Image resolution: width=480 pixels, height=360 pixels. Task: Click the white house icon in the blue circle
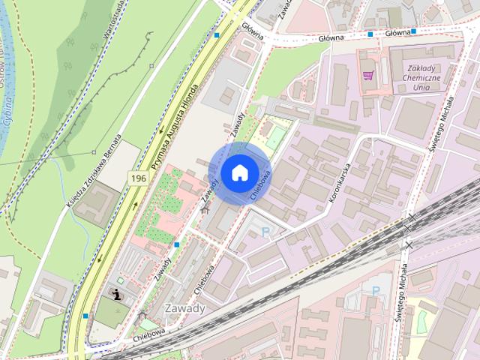(239, 172)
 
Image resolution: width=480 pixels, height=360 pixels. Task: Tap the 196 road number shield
(138, 178)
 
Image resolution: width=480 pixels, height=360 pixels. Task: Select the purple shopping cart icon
(367, 75)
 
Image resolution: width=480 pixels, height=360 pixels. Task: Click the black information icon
(118, 293)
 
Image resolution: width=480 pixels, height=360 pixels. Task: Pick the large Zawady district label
(184, 308)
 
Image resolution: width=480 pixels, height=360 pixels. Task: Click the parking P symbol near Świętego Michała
(376, 290)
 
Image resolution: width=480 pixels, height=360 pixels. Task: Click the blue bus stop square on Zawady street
(176, 244)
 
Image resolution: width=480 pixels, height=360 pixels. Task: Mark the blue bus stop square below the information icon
(85, 316)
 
